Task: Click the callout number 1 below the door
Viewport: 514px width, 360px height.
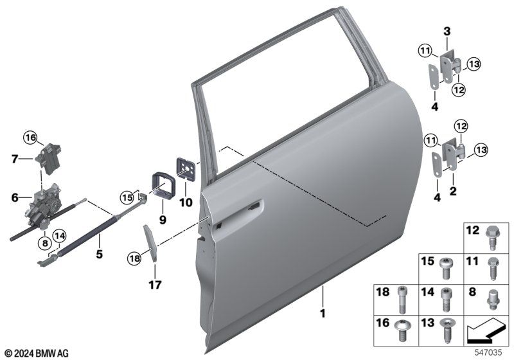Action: tap(323, 314)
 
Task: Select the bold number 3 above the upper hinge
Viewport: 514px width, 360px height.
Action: tap(447, 32)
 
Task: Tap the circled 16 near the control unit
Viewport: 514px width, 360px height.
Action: tap(30, 138)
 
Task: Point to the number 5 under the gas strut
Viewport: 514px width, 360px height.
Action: tap(99, 254)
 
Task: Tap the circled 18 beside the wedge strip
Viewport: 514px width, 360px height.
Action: tap(134, 258)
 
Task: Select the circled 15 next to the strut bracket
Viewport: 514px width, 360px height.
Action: tap(127, 198)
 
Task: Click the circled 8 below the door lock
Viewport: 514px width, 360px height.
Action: tap(45, 243)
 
